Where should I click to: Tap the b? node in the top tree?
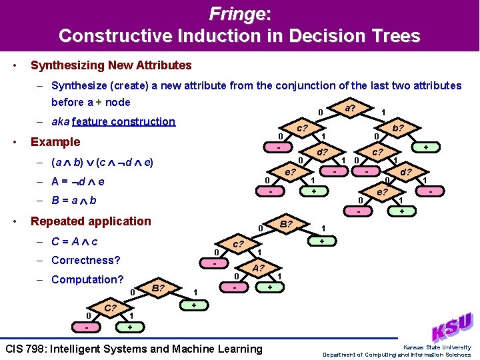coord(397,127)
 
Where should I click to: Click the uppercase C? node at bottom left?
coord(111,307)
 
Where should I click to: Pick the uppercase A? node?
coord(257,268)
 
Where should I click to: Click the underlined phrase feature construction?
coord(123,121)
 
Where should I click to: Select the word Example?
coord(55,141)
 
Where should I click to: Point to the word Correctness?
coord(85,260)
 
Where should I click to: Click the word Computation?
coord(87,279)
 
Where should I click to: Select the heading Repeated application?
coord(91,221)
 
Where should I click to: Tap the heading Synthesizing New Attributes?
coord(111,65)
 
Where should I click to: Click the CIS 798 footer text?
coord(134,348)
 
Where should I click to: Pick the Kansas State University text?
coord(437,347)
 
